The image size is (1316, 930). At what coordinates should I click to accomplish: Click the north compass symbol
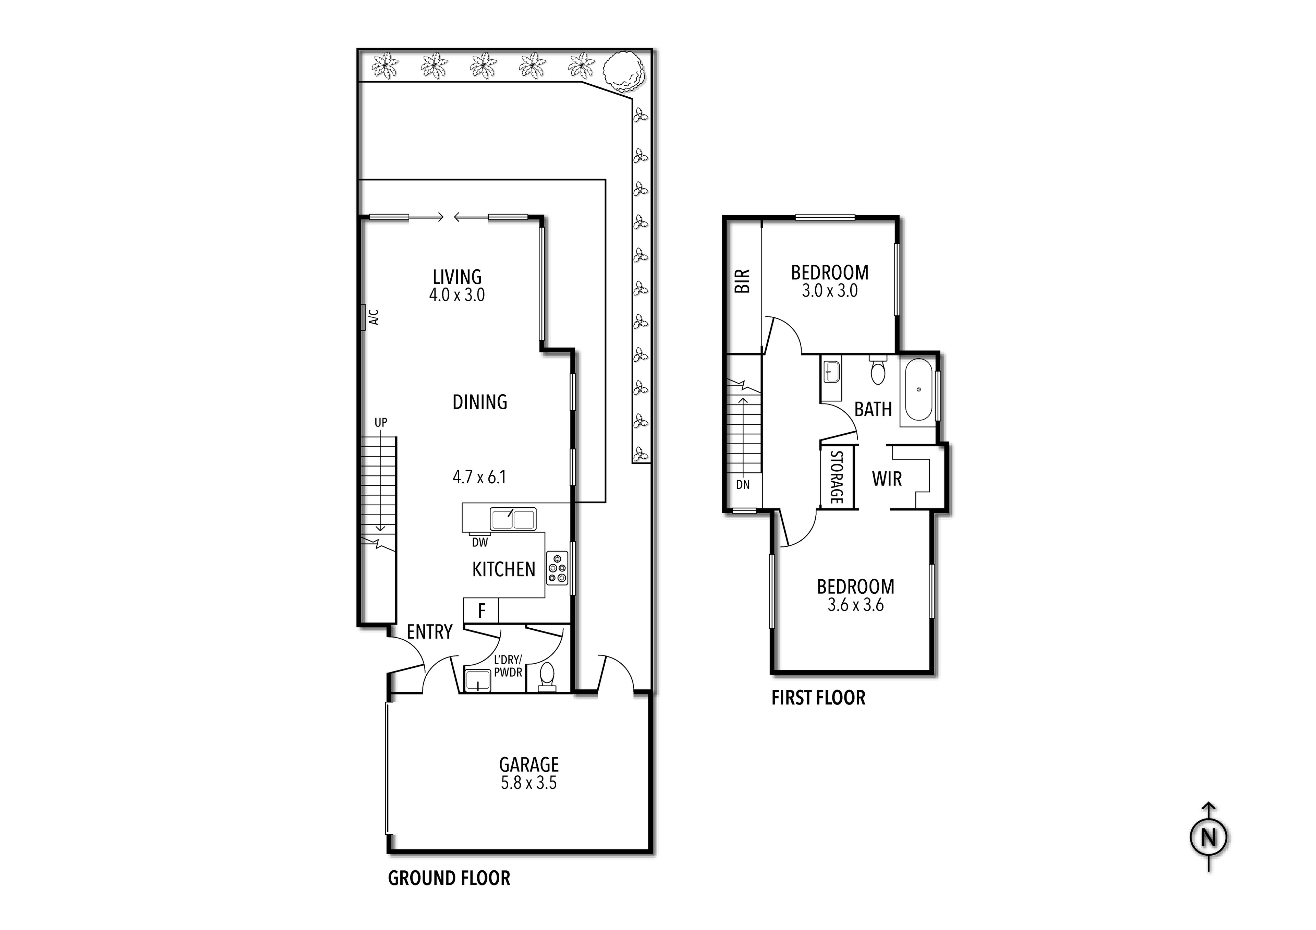[1209, 838]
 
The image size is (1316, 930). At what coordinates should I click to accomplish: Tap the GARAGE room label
[528, 764]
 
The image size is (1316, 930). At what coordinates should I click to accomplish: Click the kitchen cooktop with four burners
[557, 568]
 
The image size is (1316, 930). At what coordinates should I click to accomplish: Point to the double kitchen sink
[513, 519]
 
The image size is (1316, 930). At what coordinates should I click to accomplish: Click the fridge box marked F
[481, 611]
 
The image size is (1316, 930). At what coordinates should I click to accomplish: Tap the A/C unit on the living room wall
[363, 317]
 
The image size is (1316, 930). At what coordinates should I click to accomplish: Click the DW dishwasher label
[480, 542]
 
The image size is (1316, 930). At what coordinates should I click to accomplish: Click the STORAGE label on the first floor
[836, 477]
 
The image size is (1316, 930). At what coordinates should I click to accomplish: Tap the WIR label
[887, 479]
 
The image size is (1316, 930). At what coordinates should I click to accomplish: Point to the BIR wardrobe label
[742, 281]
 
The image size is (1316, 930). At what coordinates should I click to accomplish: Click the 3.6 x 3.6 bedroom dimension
[855, 605]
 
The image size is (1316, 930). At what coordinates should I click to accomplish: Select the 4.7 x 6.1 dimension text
[479, 477]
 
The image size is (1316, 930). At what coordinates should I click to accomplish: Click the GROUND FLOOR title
[449, 878]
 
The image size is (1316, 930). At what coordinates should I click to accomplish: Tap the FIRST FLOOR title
[818, 698]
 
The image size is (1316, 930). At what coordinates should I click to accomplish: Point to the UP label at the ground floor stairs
[381, 423]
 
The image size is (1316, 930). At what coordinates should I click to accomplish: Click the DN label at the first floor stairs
[742, 484]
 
